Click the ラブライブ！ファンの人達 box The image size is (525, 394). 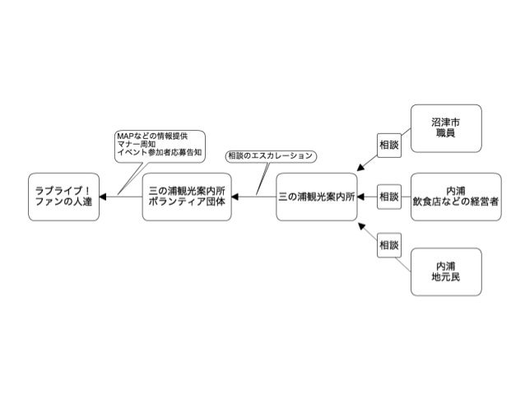63,197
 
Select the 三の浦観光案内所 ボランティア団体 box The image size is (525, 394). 187,197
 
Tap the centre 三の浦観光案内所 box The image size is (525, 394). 317,197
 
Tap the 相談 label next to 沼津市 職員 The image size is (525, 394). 388,143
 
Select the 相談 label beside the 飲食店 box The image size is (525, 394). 388,197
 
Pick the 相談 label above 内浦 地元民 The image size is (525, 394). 388,245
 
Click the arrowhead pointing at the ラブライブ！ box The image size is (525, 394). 104,197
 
